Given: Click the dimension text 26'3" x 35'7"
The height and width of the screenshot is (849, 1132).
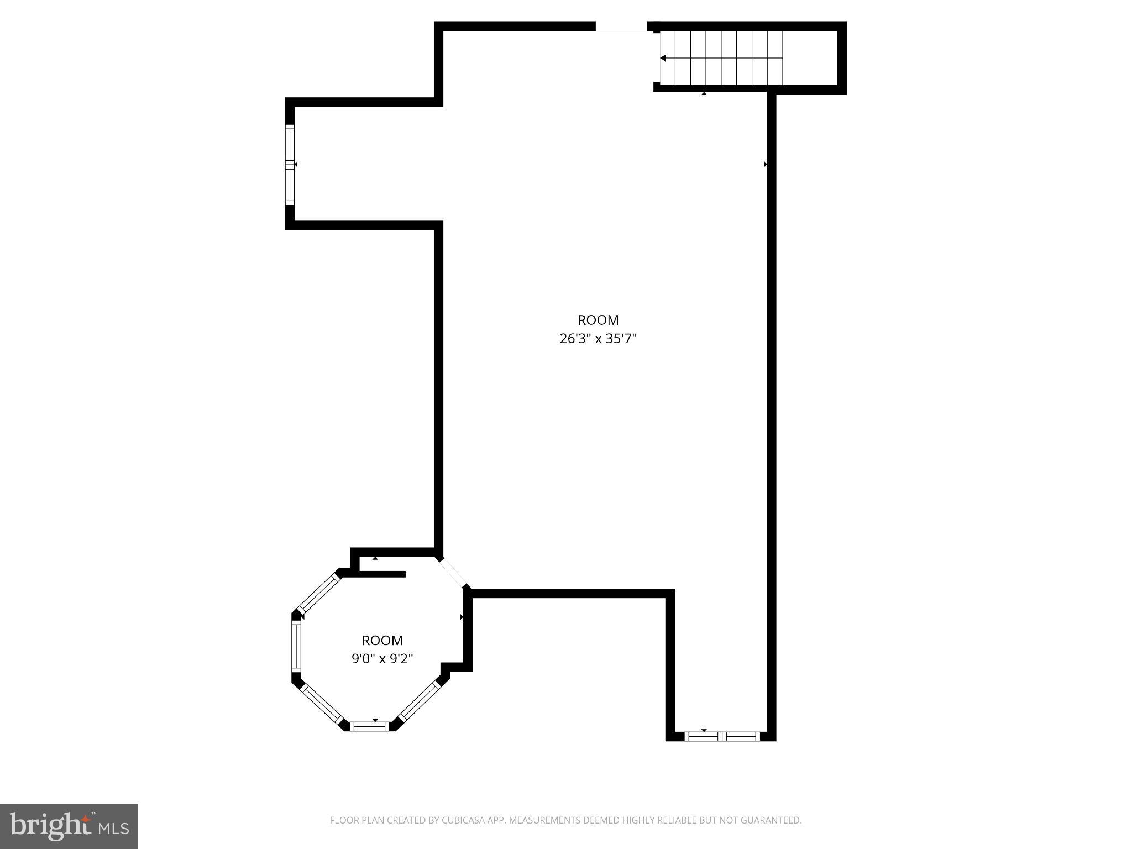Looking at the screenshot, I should [x=598, y=339].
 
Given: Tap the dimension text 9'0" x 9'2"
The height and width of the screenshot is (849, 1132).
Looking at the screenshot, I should [x=382, y=659].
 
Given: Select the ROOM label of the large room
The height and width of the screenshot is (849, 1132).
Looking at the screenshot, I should [x=598, y=320].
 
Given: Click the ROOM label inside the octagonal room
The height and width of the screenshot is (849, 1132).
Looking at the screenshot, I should [x=382, y=640].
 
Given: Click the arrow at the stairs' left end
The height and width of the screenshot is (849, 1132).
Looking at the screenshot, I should [x=663, y=58].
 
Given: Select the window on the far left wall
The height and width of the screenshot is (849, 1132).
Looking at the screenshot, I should [x=290, y=165].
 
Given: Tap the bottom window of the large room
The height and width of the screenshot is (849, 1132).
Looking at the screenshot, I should [x=722, y=736].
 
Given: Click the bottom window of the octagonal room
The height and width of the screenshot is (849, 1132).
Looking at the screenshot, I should [x=371, y=726].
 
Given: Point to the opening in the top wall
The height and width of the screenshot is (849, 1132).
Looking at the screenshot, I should [x=621, y=26].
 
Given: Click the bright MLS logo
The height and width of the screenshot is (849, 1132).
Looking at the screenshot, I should [x=69, y=826].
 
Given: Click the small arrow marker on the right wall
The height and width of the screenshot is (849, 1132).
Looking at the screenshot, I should [x=766, y=164].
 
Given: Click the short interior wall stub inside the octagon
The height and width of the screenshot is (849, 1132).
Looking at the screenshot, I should [x=381, y=574].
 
